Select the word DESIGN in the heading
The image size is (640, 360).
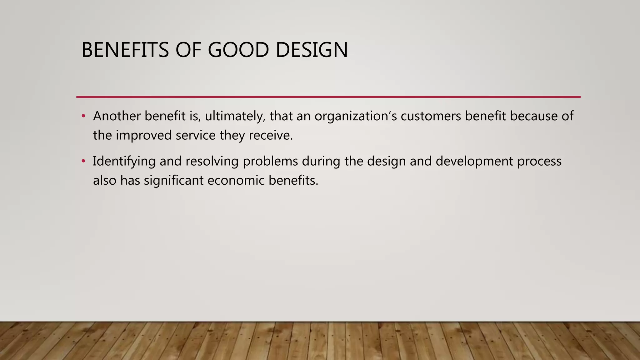pyautogui.click(x=312, y=50)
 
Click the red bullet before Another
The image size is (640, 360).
pyautogui.click(x=83, y=116)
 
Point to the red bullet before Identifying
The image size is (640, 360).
pyautogui.click(x=83, y=161)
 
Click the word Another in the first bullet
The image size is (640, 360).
pyautogui.click(x=117, y=116)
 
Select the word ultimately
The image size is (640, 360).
pyautogui.click(x=235, y=116)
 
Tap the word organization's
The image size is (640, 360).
pyautogui.click(x=356, y=116)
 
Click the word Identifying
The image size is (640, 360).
pyautogui.click(x=124, y=162)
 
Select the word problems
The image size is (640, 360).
pyautogui.click(x=270, y=162)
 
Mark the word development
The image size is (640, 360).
pyautogui.click(x=474, y=162)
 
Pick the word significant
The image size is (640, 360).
pyautogui.click(x=174, y=181)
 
